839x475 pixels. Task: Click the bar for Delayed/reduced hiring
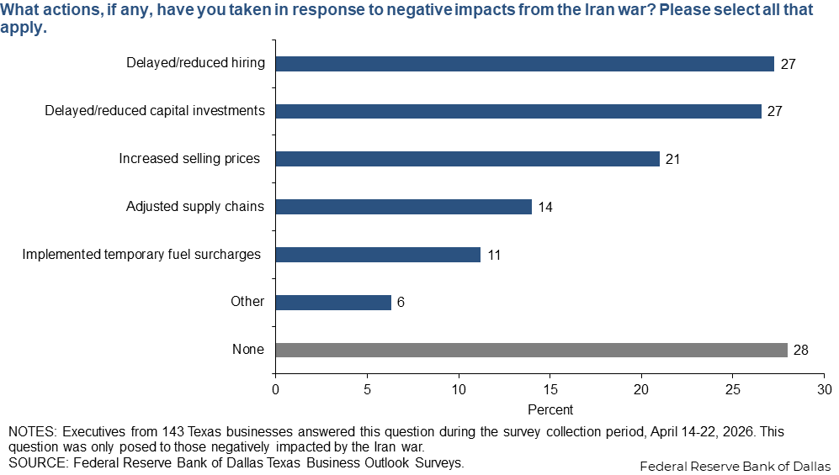(524, 63)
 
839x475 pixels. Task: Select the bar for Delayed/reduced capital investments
(518, 111)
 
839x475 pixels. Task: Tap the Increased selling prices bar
(467, 159)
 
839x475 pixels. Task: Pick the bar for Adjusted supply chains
(403, 207)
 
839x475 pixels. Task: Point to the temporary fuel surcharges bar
(378, 255)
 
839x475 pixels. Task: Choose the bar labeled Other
(333, 302)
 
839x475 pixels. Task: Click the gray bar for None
(531, 350)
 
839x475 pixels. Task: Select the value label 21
(673, 159)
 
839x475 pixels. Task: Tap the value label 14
(545, 207)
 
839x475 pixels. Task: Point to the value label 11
(494, 255)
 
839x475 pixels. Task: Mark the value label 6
(401, 302)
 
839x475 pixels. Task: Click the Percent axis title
(550, 409)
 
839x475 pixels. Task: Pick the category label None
(249, 350)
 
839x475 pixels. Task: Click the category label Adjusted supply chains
(195, 207)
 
